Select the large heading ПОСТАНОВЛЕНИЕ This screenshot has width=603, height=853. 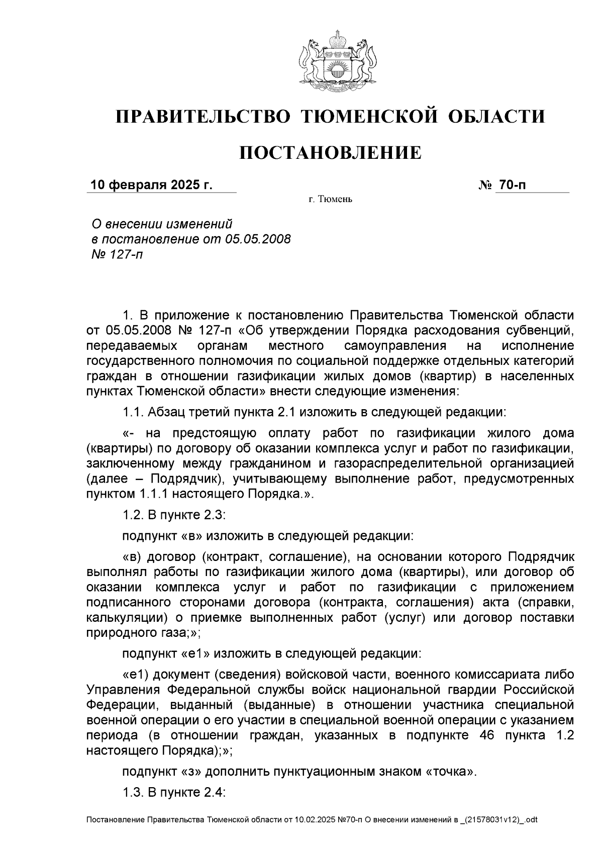(330, 152)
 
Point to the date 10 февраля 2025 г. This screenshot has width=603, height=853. (151, 185)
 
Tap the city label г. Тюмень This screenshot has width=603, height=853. (330, 200)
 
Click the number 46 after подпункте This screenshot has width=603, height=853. (484, 735)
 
